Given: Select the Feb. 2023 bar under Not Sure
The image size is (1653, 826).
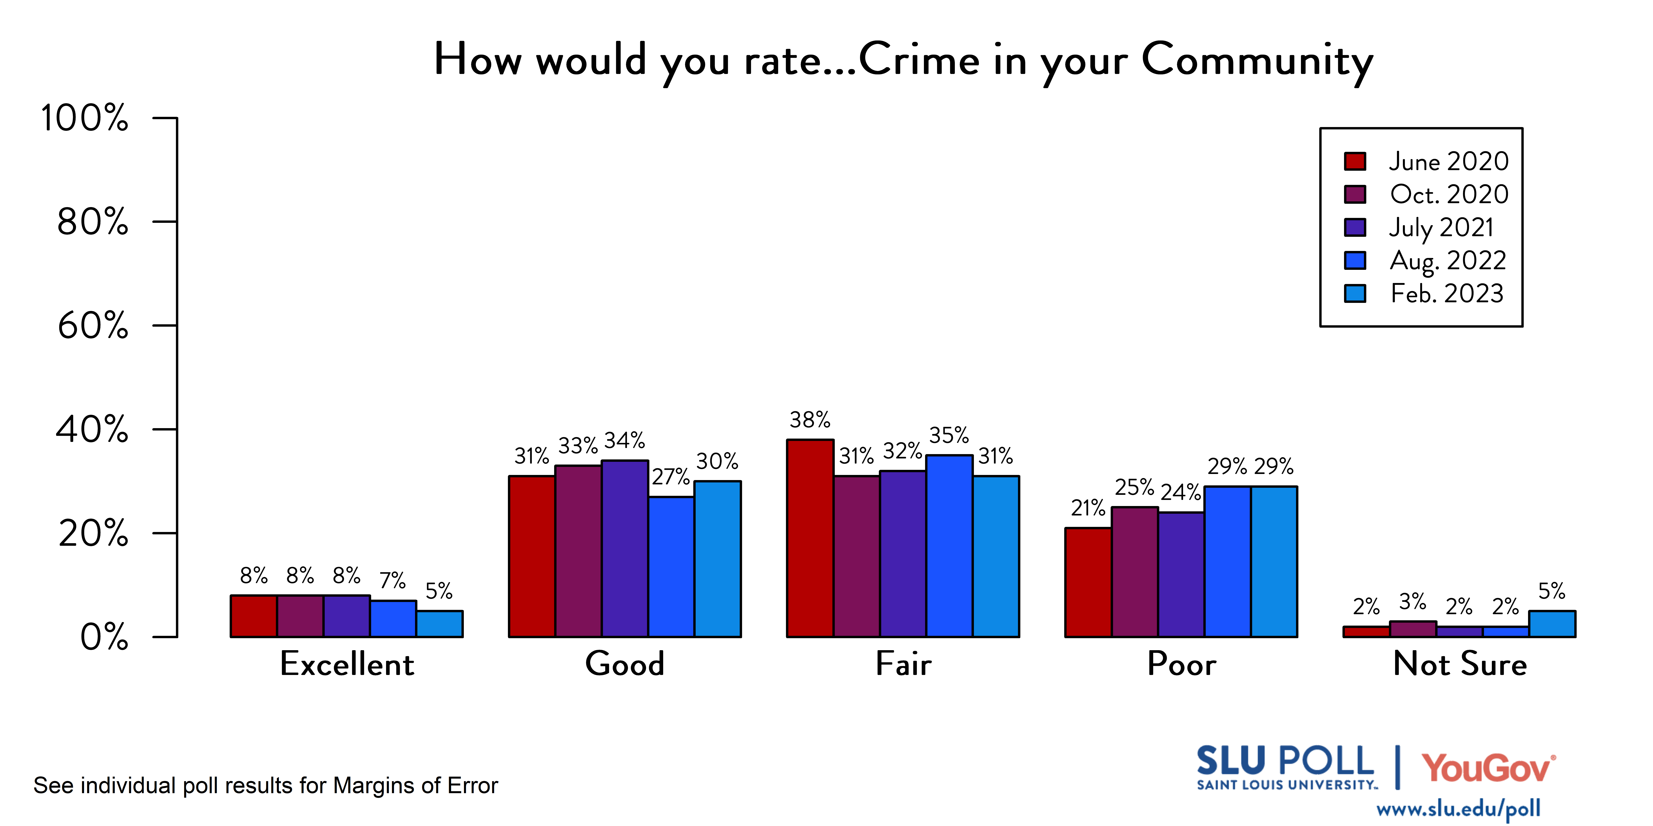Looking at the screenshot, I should pyautogui.click(x=1552, y=624).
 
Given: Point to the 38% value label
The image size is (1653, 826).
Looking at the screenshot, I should pyautogui.click(x=810, y=420).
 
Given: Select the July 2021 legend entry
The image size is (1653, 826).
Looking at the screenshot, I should pyautogui.click(x=1441, y=227).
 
